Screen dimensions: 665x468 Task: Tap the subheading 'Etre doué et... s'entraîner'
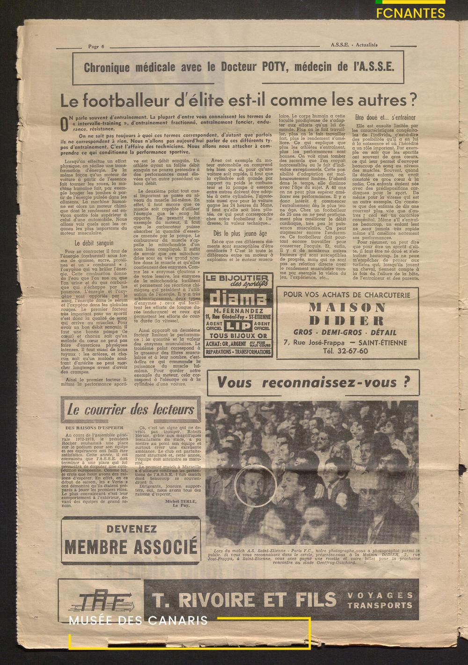coord(386,117)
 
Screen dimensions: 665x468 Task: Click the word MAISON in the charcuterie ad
coord(347,307)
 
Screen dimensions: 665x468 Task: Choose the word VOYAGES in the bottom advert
coord(380,595)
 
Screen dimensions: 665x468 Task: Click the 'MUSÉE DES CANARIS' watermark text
coord(138,621)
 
